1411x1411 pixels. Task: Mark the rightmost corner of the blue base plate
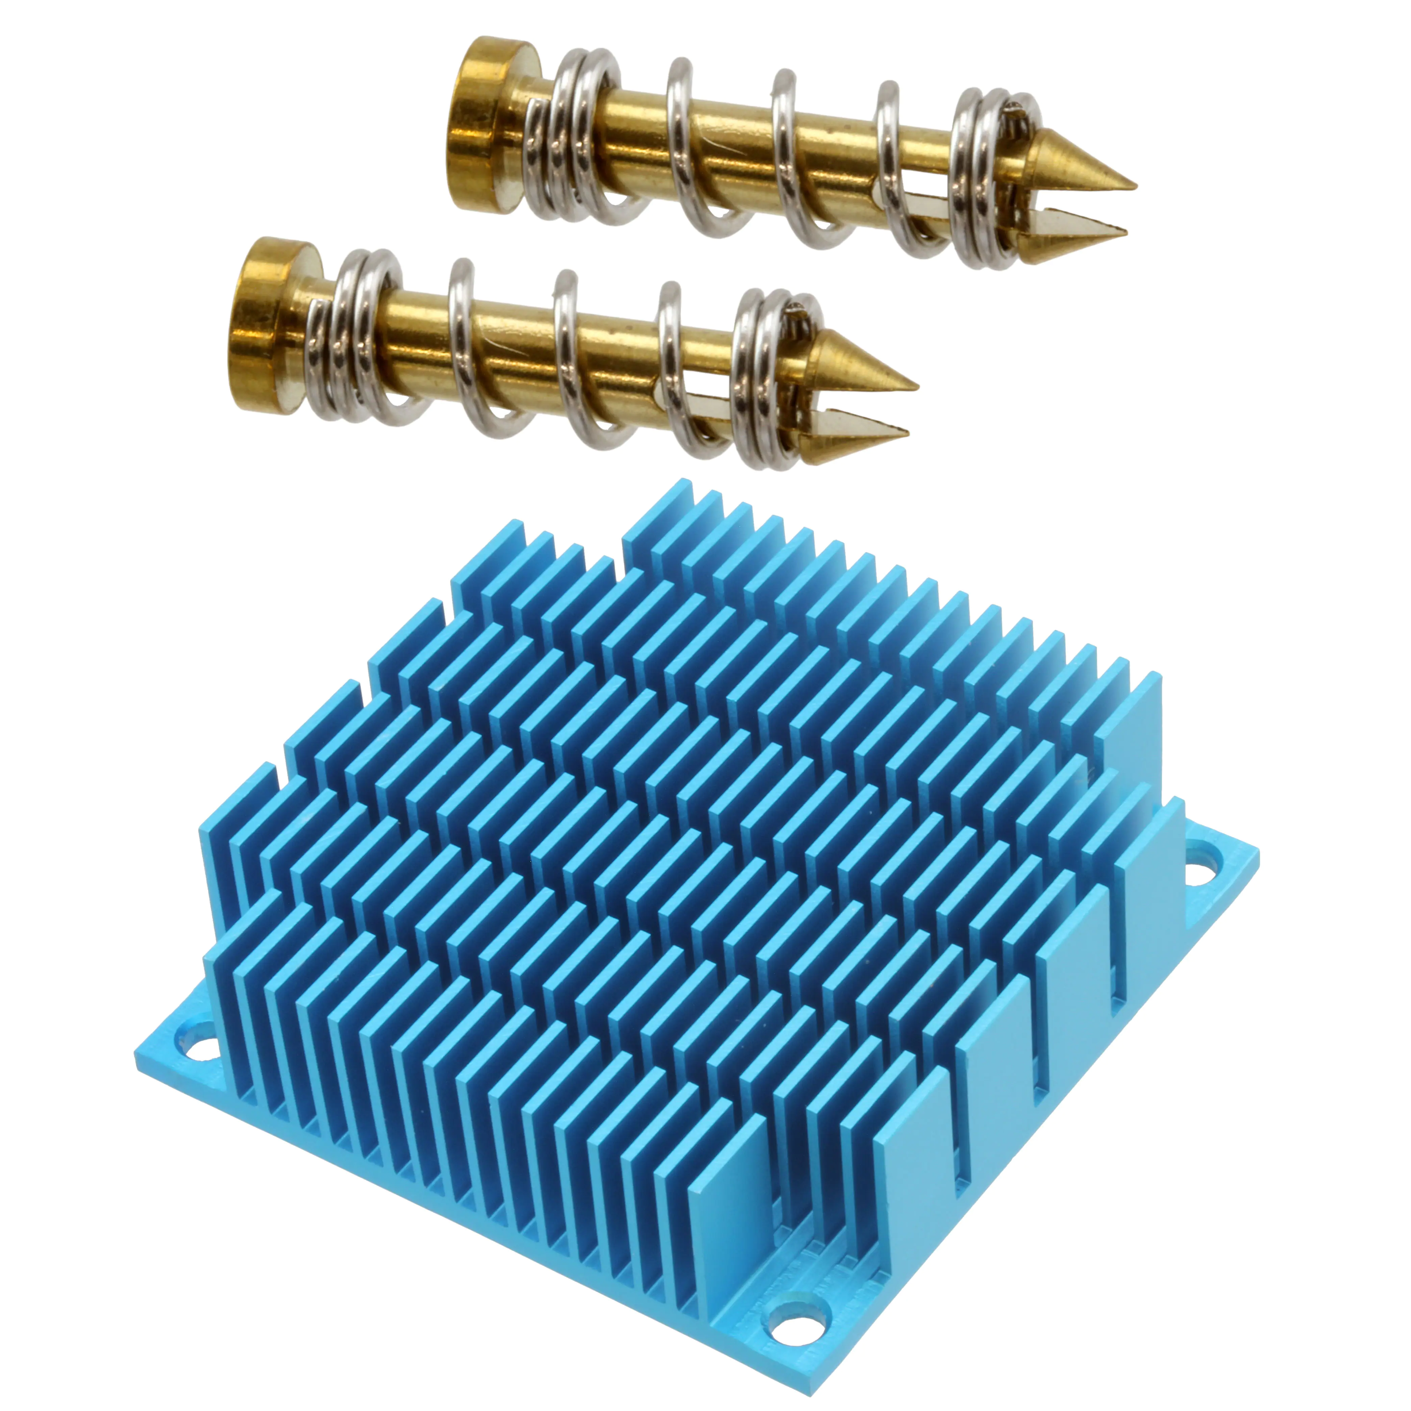coord(1258,851)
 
